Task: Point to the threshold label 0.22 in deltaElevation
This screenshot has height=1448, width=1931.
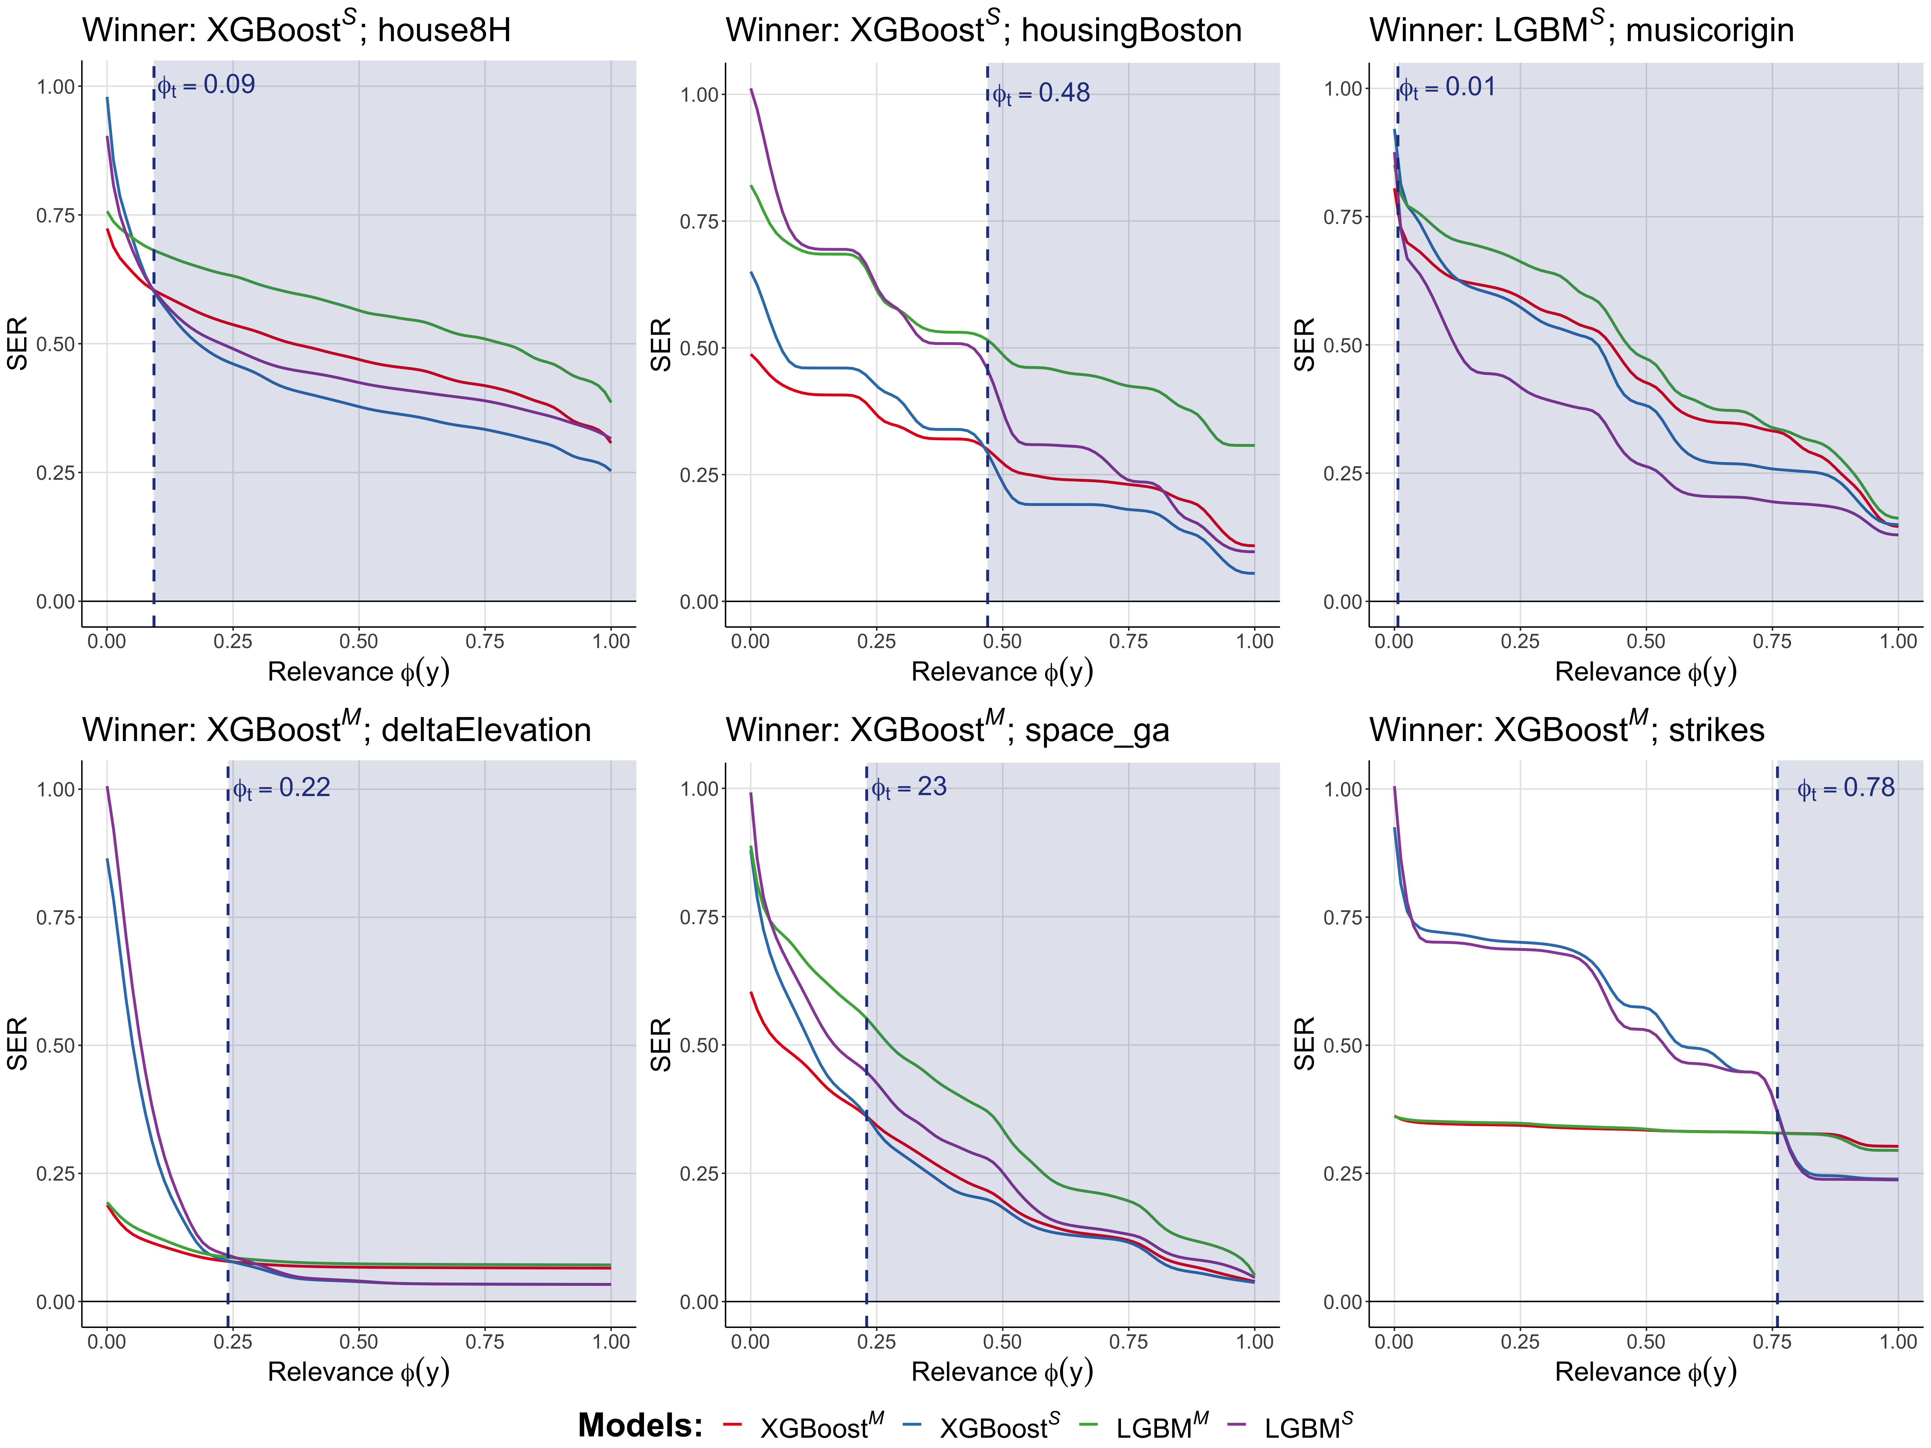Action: pyautogui.click(x=281, y=788)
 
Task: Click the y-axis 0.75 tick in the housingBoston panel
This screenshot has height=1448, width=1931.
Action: pyautogui.click(x=698, y=222)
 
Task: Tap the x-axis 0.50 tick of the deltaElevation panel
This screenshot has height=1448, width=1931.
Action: pyautogui.click(x=359, y=1341)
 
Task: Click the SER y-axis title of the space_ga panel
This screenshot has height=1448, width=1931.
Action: pyautogui.click(x=661, y=1044)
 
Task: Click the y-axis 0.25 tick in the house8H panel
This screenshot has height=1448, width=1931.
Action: pyautogui.click(x=55, y=473)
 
